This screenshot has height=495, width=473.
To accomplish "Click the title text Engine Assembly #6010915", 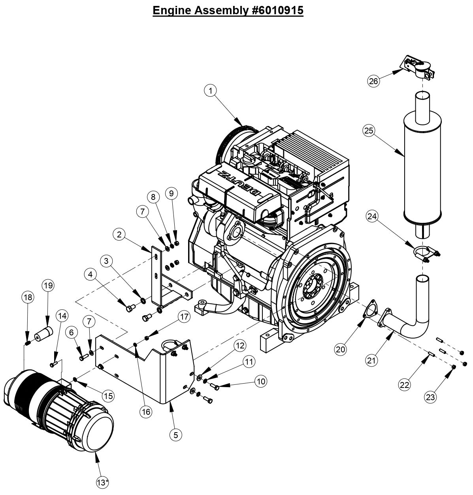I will point(228,10).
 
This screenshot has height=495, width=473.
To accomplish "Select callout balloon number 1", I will point(211,90).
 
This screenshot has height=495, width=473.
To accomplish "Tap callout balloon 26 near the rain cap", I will point(373,81).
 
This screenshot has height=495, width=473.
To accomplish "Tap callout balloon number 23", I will point(430,397).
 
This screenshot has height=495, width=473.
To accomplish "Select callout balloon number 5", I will point(176,435).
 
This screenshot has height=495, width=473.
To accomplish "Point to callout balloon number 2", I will point(119,234).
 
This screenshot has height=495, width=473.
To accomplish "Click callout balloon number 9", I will point(171,193).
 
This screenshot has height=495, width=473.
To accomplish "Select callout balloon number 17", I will point(184,316).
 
